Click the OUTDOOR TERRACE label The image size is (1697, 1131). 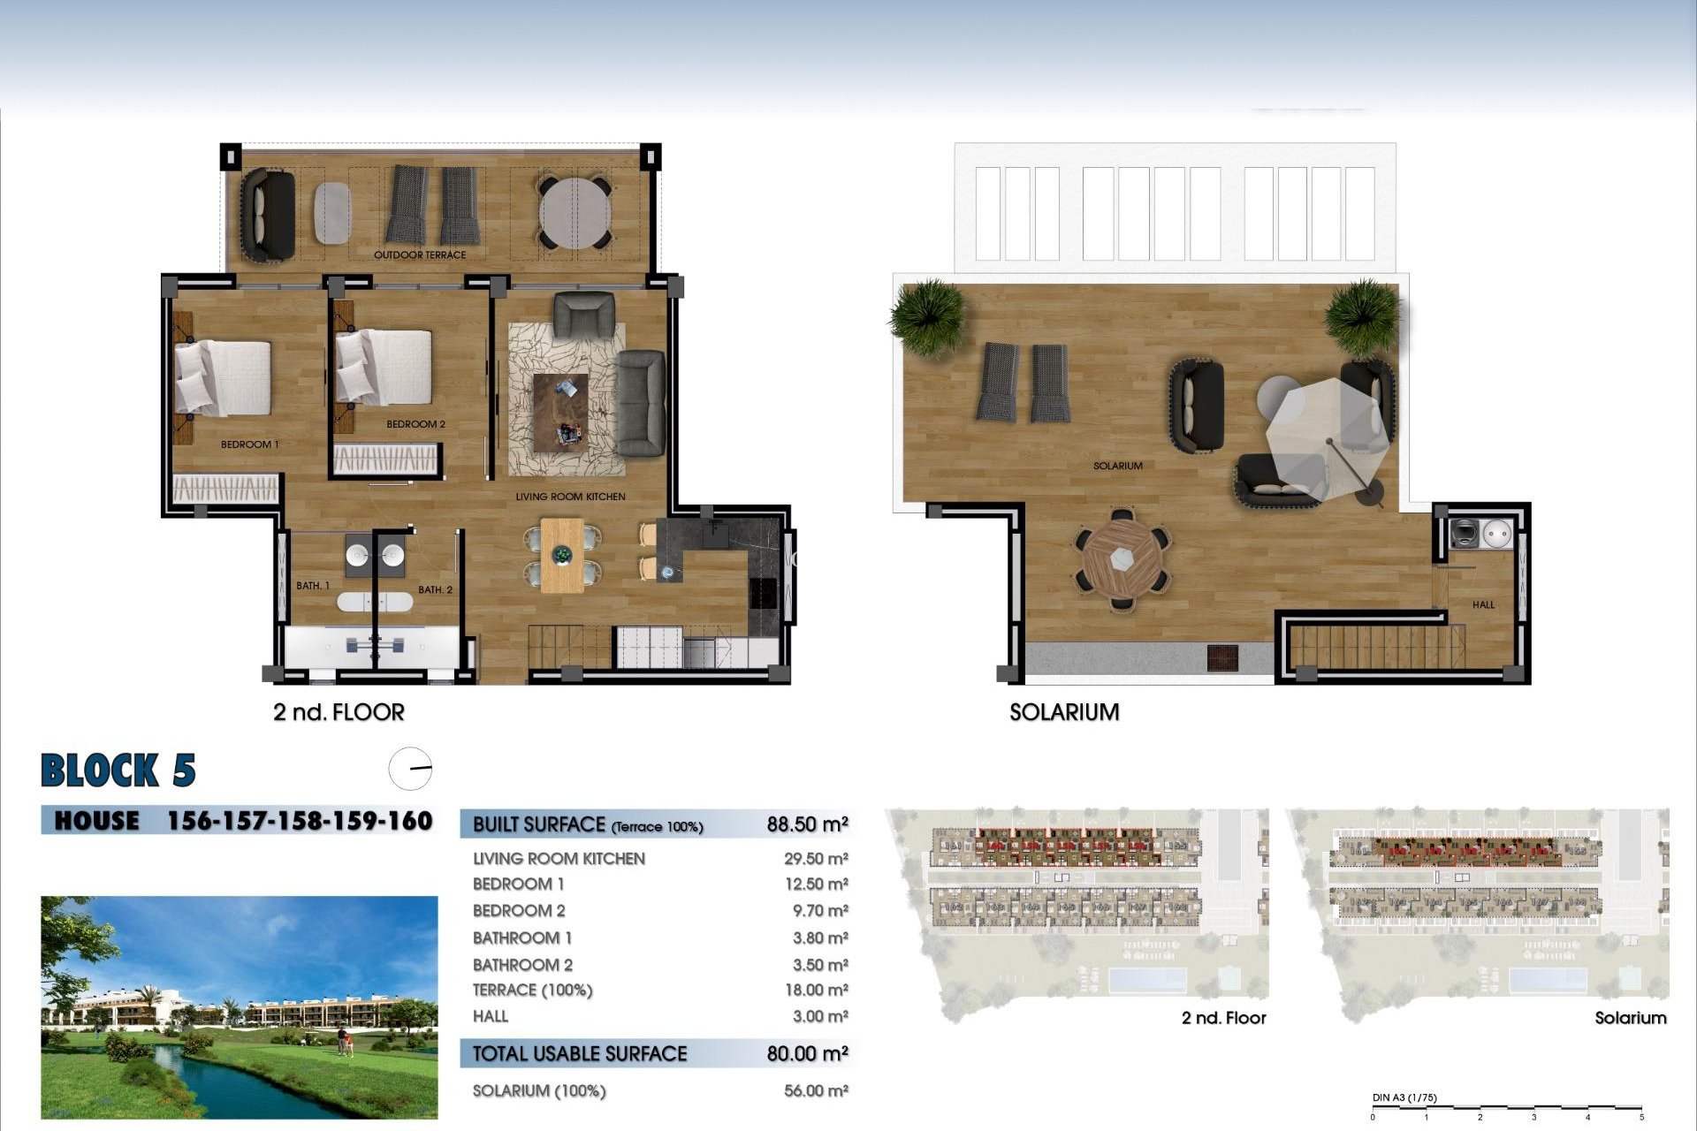(419, 254)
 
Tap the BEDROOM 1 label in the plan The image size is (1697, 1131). (249, 444)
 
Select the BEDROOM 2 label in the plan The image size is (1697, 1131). (415, 424)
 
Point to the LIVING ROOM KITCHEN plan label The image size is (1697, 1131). (570, 497)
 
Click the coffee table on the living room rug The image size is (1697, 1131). (560, 413)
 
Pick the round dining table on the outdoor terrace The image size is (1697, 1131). (575, 213)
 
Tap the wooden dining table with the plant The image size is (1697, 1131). (562, 556)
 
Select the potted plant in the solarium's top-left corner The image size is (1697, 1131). (927, 315)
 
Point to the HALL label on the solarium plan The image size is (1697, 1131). (1483, 604)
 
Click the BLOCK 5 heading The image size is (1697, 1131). (118, 770)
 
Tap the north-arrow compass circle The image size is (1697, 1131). (411, 769)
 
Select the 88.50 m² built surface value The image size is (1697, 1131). (807, 824)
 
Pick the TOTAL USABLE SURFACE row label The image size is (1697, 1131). (579, 1053)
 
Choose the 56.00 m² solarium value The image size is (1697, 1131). (815, 1091)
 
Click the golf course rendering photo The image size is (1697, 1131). (239, 1007)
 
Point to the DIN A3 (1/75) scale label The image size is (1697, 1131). (1404, 1098)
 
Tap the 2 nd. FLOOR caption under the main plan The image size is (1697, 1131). (339, 712)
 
